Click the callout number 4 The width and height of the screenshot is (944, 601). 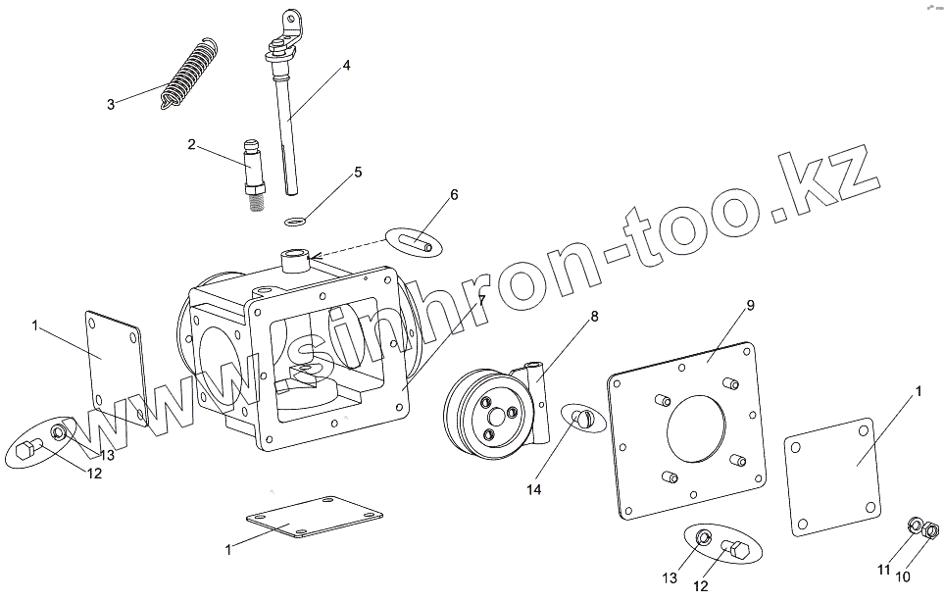tap(347, 66)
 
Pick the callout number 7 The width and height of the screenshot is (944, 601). tap(481, 300)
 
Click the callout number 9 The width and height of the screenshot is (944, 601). tap(750, 306)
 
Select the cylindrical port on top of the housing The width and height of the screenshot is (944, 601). tap(294, 260)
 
